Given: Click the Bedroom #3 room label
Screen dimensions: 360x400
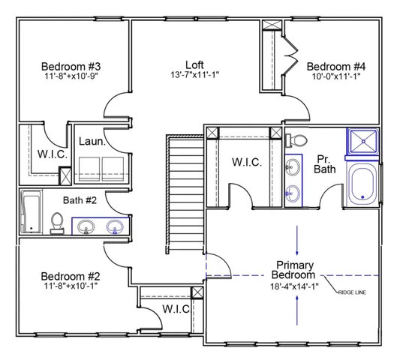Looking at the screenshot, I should [x=71, y=65].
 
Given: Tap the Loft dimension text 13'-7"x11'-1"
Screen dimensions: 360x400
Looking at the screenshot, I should [x=194, y=75].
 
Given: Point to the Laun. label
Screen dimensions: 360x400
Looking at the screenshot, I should [x=91, y=140].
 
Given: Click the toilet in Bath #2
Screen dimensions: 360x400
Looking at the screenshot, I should [x=56, y=221].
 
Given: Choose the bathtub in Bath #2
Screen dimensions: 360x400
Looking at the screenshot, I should [x=32, y=211].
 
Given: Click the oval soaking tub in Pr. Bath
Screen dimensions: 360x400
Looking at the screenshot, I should [x=364, y=184].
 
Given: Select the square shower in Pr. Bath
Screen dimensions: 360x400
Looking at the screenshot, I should [x=363, y=142].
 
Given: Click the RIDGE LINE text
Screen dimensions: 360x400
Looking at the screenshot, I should [x=352, y=292].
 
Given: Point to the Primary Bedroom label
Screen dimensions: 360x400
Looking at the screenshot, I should [x=295, y=270].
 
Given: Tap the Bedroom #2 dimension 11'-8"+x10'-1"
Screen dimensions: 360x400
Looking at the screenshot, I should [x=71, y=286].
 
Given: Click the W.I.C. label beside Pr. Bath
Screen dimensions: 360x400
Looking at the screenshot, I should [x=247, y=163].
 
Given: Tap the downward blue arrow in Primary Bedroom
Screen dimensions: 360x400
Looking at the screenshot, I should [x=298, y=241].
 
